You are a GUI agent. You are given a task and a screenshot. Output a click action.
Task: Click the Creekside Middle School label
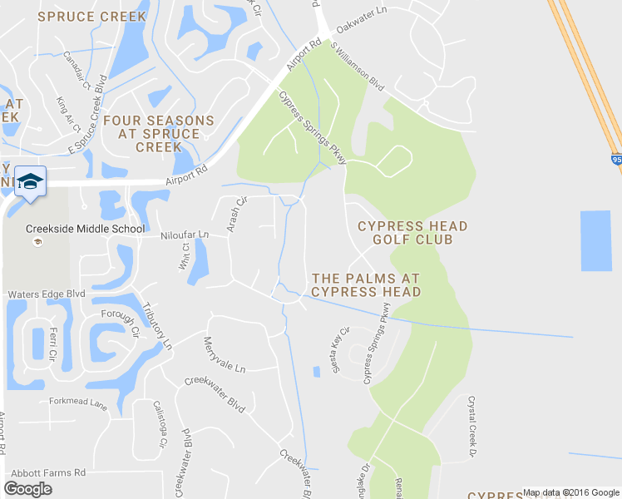tap(85, 229)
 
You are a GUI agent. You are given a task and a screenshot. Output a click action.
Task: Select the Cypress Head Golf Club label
tap(412, 233)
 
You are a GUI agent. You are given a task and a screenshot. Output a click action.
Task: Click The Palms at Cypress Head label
tap(366, 284)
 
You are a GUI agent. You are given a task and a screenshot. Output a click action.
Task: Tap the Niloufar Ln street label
tap(185, 235)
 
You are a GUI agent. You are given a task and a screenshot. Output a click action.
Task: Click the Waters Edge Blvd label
tap(47, 294)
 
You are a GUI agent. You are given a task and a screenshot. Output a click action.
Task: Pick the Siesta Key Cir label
tap(342, 349)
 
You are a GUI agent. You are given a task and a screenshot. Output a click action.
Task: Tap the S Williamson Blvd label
tap(357, 67)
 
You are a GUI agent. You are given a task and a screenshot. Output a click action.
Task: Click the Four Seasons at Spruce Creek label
tap(159, 133)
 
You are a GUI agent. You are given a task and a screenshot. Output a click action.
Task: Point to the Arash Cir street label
tap(237, 215)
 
